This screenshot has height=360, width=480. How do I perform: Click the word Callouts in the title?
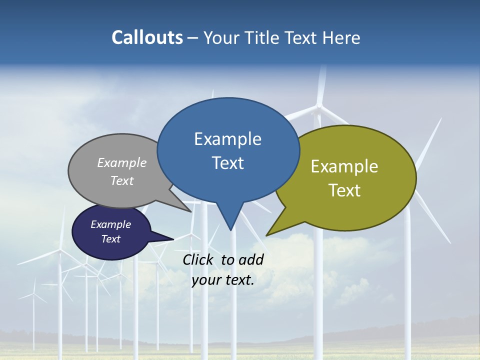pyautogui.click(x=147, y=37)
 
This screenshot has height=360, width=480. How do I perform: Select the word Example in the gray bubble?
pyautogui.click(x=122, y=162)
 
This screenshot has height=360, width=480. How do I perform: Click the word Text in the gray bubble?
pyautogui.click(x=122, y=180)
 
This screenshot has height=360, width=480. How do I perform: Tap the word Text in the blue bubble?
pyautogui.click(x=227, y=162)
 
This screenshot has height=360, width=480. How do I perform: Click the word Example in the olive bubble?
pyautogui.click(x=344, y=166)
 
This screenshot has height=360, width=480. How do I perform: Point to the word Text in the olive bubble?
pyautogui.click(x=344, y=190)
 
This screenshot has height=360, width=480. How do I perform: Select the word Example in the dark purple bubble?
pyautogui.click(x=110, y=224)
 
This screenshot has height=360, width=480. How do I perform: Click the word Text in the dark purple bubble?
pyautogui.click(x=110, y=239)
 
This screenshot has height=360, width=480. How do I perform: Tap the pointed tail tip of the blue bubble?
pyautogui.click(x=230, y=229)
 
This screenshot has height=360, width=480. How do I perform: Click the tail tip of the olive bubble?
pyautogui.click(x=267, y=235)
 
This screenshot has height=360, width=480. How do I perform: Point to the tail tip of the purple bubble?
pyautogui.click(x=173, y=239)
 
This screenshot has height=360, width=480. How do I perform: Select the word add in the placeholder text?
pyautogui.click(x=250, y=259)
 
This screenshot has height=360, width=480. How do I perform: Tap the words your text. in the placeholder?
pyautogui.click(x=223, y=280)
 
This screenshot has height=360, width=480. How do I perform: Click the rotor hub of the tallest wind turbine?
pyautogui.click(x=318, y=106)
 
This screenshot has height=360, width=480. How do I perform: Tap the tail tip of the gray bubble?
pyautogui.click(x=191, y=211)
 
